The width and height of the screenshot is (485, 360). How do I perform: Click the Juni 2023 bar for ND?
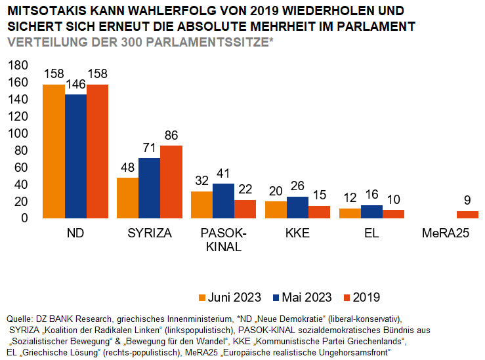[x=54, y=151]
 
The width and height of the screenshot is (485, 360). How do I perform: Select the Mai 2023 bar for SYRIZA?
[x=150, y=188]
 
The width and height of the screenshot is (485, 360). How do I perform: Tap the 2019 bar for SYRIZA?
[x=171, y=182]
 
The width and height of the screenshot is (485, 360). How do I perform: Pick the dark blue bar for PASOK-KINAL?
[x=224, y=201]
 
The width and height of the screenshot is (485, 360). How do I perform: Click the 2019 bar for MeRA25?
[x=468, y=214]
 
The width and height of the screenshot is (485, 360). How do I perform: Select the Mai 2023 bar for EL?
[x=372, y=212]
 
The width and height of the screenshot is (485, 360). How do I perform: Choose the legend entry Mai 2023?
[x=302, y=297]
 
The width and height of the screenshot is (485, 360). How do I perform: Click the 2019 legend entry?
[x=361, y=297]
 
